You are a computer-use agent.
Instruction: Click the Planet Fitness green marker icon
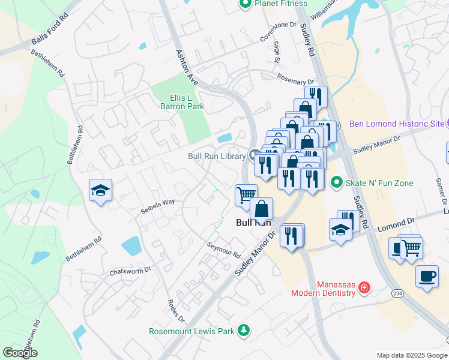pyautogui.click(x=244, y=4)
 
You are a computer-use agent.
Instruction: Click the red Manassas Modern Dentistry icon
pyautogui.click(x=363, y=289)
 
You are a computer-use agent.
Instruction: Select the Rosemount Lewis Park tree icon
pyautogui.click(x=243, y=329)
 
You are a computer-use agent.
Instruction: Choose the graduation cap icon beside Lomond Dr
pyautogui.click(x=340, y=230)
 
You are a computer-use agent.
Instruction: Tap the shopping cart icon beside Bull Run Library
pyautogui.click(x=246, y=194)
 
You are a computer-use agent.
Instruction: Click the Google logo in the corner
pyautogui.click(x=20, y=353)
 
